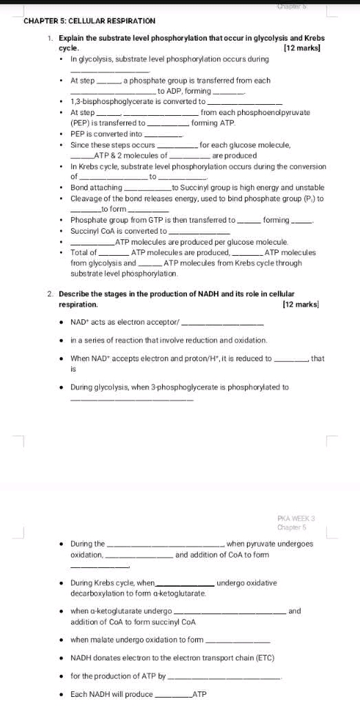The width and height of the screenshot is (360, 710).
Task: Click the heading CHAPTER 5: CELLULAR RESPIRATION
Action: pyautogui.click(x=90, y=21)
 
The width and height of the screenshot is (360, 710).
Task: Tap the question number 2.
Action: pyautogui.click(x=50, y=294)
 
